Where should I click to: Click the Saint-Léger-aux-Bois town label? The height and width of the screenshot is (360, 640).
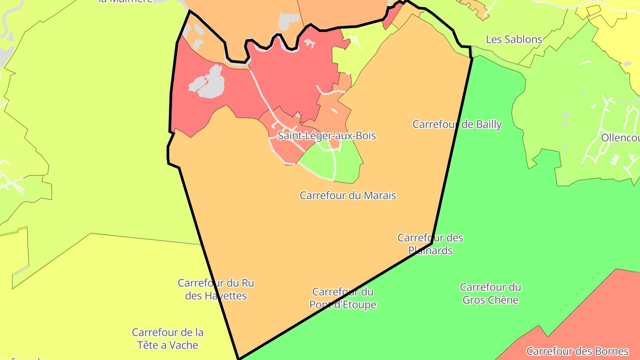[x=327, y=136]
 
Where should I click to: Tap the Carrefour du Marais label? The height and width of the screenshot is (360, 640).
[x=348, y=195]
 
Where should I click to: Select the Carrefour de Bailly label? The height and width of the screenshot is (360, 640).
[x=457, y=124]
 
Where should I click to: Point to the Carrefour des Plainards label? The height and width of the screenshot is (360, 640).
[x=430, y=244]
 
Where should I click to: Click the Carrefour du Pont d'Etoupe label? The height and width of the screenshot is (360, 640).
[x=343, y=298]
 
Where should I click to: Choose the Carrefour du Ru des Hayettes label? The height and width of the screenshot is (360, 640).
[x=216, y=289]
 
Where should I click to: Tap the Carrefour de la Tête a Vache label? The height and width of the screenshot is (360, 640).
[x=168, y=338]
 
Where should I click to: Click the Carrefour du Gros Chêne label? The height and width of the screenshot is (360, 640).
[x=490, y=293]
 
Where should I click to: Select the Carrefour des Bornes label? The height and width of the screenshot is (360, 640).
[x=577, y=351]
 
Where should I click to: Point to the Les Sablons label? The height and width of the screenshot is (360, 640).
[x=514, y=39]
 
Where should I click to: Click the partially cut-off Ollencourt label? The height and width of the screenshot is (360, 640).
[x=620, y=138]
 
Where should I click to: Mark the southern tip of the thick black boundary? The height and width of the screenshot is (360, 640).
[x=239, y=358]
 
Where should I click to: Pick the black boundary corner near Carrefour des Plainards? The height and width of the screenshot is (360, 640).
[x=432, y=244]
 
